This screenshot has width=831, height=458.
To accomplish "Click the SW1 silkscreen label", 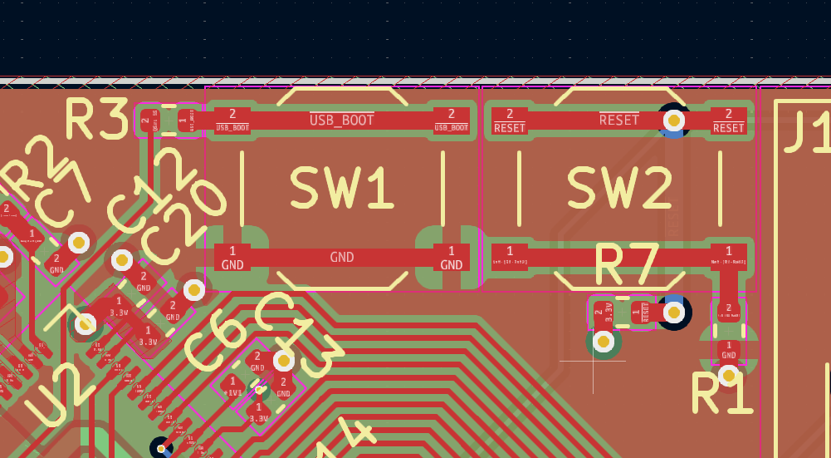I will pos(341,188).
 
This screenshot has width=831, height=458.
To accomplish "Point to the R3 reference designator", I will pos(96,120).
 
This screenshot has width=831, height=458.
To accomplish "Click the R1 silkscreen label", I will pos(721,394).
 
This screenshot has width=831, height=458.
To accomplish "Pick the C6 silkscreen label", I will pos(213,343).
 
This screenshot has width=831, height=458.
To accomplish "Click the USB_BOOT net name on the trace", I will pos(341,120).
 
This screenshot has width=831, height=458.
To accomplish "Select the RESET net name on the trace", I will pos(619,120).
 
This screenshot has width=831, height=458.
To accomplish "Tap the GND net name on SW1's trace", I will pos(341,257).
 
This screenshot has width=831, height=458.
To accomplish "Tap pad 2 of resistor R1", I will pos(729,312).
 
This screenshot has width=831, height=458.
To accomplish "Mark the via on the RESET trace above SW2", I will pos(674,121).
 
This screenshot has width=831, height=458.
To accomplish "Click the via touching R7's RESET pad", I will pos(674,313).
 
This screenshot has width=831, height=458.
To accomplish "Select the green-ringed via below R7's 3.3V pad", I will pos(604,341).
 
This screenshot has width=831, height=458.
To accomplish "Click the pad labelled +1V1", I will pos(234,387).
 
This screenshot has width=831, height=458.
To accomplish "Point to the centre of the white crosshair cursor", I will pos(593,361).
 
